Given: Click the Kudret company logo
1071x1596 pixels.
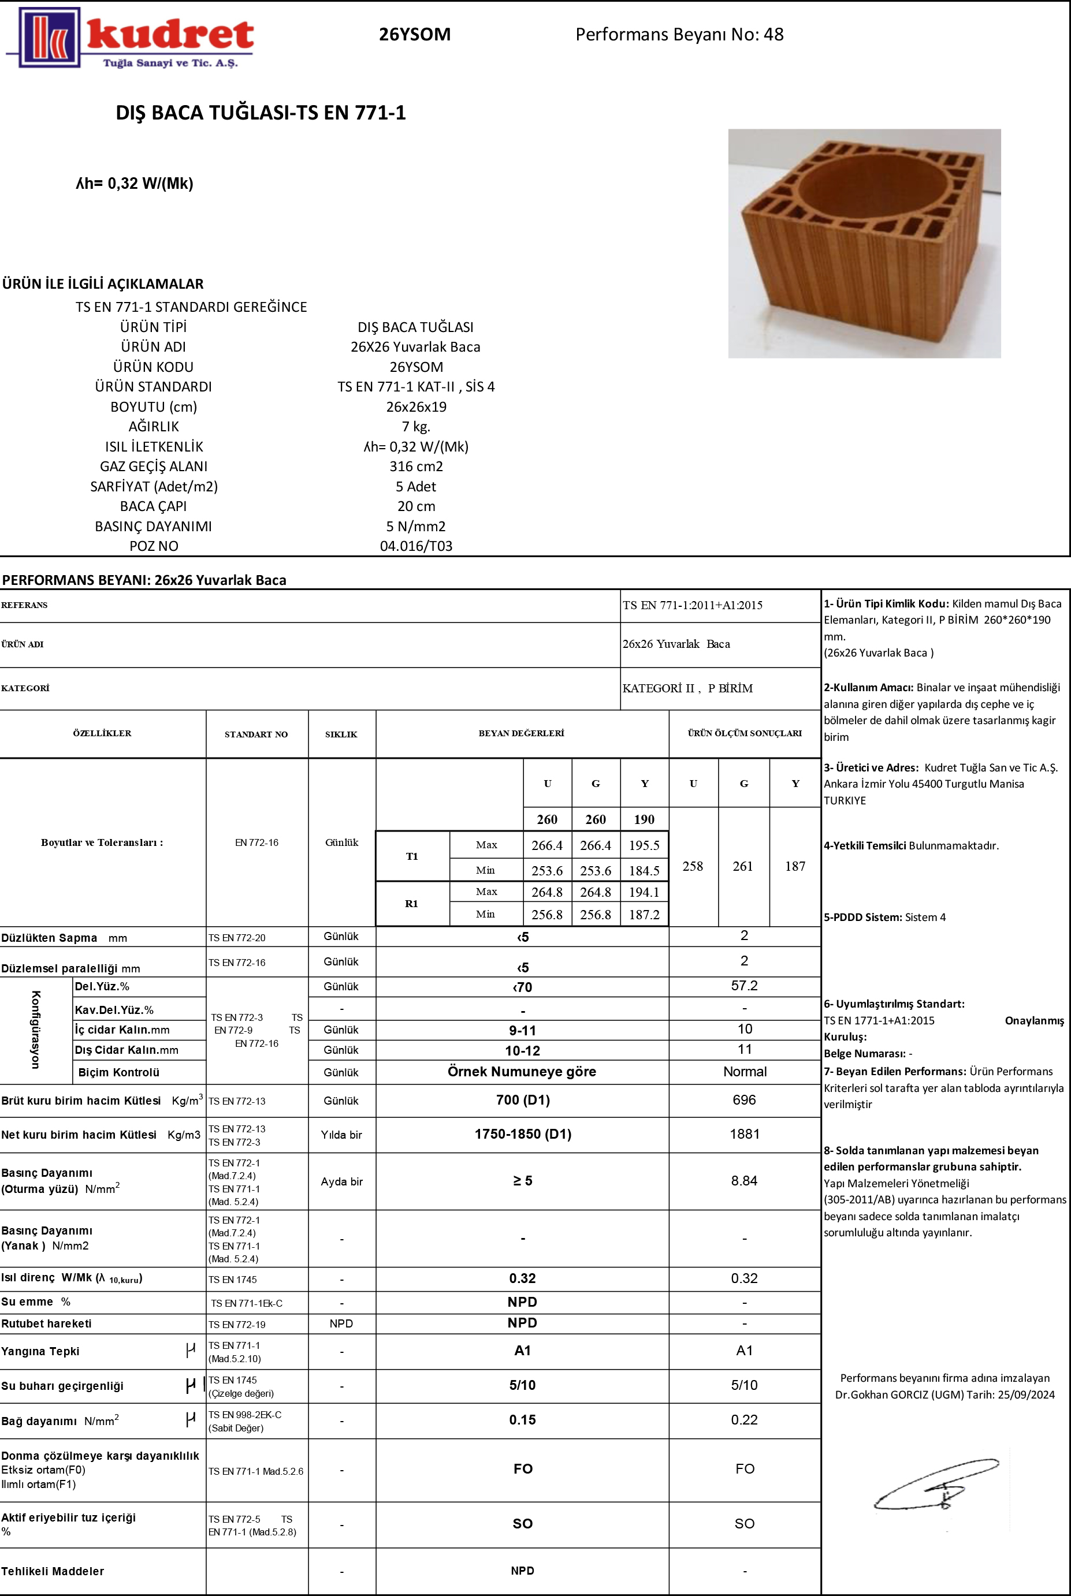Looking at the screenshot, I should coord(130,38).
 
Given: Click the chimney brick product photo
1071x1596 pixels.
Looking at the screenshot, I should coord(864,243).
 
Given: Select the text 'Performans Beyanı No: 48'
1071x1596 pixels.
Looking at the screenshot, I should coord(679,35).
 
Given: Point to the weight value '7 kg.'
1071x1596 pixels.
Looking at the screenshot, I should coord(416,427).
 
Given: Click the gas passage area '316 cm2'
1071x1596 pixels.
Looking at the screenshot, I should coord(416,466).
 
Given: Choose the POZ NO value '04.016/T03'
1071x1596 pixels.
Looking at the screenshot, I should coord(416,546).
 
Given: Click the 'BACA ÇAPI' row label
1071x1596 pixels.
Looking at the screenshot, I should coord(153,506).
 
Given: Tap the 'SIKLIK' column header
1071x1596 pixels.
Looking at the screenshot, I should coord(341,734).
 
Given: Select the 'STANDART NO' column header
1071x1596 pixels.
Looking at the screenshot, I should coord(256,734).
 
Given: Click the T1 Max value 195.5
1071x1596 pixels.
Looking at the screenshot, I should coord(644,845).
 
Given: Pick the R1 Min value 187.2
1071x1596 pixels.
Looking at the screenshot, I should coord(644,915).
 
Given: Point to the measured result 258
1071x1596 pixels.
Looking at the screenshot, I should coord(693,866).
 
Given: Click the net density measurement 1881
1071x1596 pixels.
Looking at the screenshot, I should coord(745,1134).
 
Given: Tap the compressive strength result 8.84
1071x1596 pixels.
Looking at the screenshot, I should coord(744,1181).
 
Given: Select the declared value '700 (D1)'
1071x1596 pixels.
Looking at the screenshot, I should coord(523,1100).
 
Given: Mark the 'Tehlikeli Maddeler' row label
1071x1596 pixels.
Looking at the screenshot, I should coord(53,1571).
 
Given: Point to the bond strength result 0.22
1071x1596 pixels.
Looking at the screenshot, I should coord(744,1420).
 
